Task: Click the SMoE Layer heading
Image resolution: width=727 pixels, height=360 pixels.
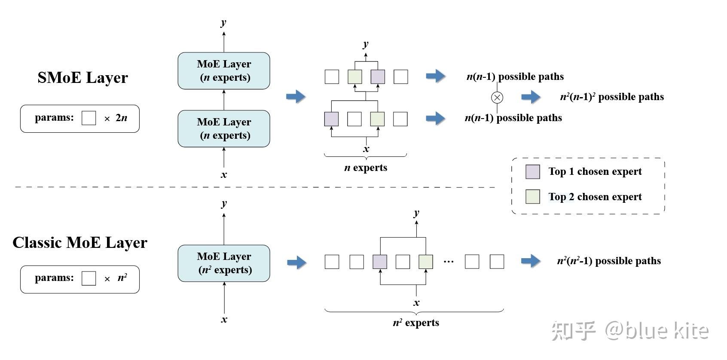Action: click(x=82, y=78)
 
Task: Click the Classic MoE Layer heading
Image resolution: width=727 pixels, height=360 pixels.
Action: click(x=80, y=243)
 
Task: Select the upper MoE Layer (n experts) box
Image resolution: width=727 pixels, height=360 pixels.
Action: click(x=224, y=71)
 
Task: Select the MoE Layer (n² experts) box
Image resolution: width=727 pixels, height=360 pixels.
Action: click(x=224, y=263)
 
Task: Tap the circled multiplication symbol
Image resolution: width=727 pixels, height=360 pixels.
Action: click(x=497, y=98)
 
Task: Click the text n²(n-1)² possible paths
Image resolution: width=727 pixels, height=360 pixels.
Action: click(x=611, y=97)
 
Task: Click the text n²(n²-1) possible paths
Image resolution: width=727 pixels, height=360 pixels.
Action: click(x=608, y=261)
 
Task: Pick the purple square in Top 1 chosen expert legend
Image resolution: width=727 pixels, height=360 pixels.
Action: click(x=533, y=171)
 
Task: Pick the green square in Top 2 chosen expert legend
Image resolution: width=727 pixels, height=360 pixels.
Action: click(x=533, y=197)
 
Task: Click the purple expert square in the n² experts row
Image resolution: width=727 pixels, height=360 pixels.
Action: click(x=380, y=262)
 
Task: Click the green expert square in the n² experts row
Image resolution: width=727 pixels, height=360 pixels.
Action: click(x=426, y=262)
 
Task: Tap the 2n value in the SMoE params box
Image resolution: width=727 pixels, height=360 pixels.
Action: click(x=122, y=118)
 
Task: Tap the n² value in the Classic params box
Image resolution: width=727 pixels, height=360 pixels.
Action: click(x=122, y=278)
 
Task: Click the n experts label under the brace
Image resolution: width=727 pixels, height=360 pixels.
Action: click(x=366, y=168)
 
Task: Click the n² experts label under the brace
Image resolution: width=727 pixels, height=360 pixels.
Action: click(x=416, y=323)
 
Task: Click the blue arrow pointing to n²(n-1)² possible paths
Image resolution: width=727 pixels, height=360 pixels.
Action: click(x=531, y=97)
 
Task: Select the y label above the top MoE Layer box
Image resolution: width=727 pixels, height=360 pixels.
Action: click(x=223, y=22)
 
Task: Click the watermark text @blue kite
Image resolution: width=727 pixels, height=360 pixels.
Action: click(x=657, y=331)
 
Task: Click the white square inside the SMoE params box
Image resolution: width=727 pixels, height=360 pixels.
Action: click(x=89, y=118)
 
